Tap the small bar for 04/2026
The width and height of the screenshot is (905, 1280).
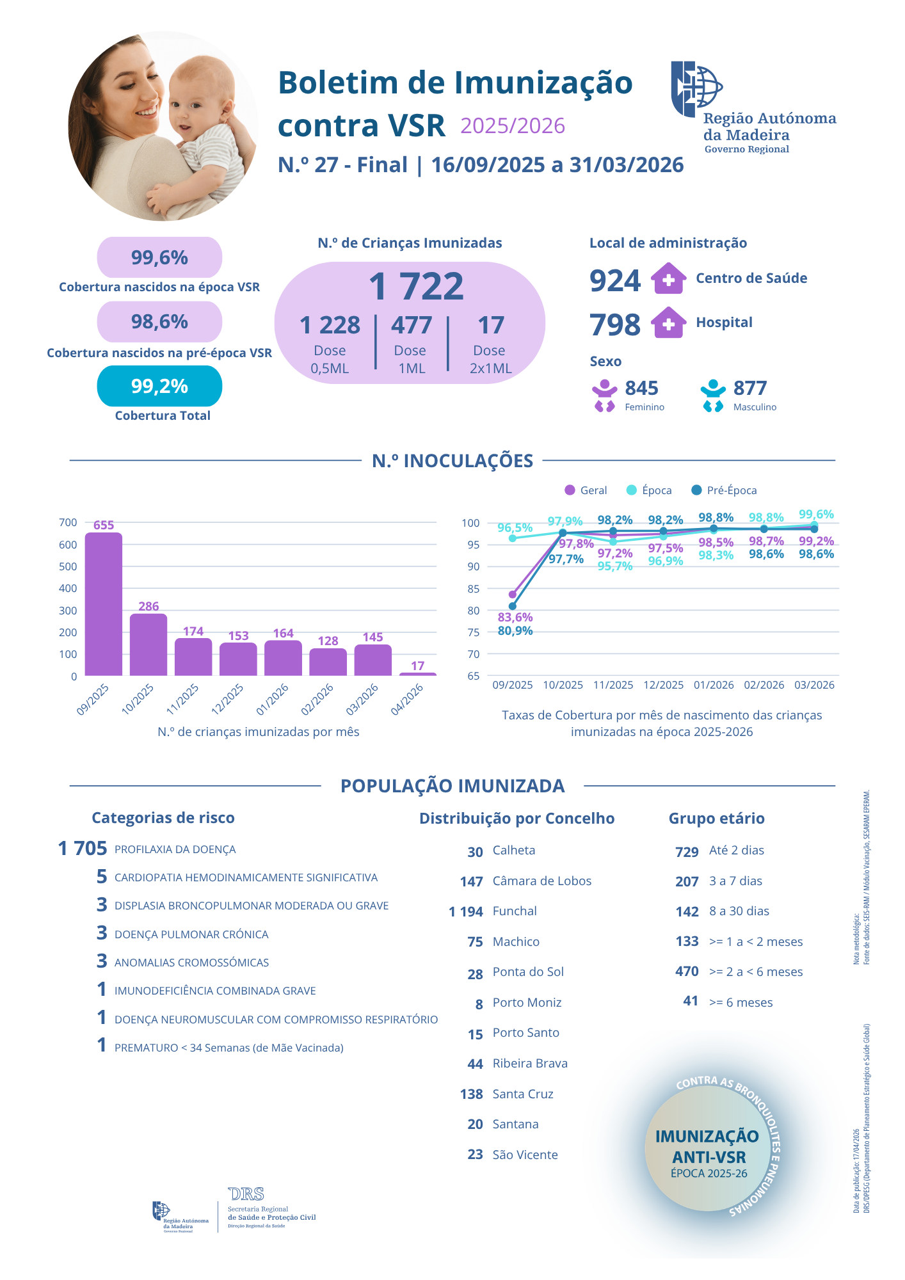[417, 673]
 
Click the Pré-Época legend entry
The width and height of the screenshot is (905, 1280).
[725, 490]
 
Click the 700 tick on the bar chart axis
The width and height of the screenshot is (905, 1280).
[68, 522]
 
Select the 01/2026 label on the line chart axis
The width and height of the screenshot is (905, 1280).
[714, 685]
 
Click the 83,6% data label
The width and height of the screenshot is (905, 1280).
[515, 617]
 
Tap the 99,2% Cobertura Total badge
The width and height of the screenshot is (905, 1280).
[159, 386]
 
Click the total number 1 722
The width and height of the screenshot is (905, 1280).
[416, 286]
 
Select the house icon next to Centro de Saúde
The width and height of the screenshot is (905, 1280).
[668, 279]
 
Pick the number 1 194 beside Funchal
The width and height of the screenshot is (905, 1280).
[466, 911]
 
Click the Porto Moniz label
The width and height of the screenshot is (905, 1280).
[527, 1002]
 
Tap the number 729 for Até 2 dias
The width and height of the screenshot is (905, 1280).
[687, 852]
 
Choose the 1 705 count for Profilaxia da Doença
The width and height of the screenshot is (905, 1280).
[83, 849]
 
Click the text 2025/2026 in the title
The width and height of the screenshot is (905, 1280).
[513, 126]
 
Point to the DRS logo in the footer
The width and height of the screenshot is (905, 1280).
[246, 1194]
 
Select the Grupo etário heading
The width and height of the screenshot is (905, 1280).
[716, 819]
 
